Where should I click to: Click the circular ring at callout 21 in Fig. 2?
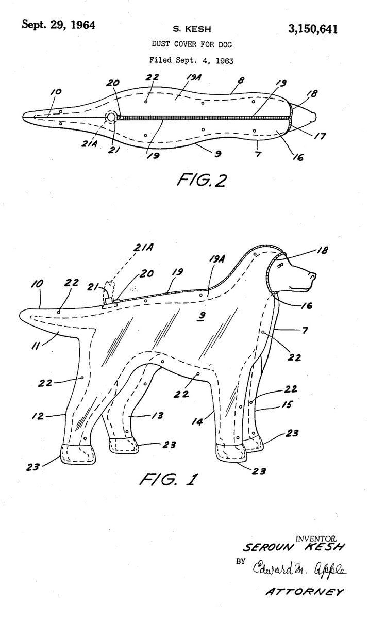(x=111, y=117)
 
